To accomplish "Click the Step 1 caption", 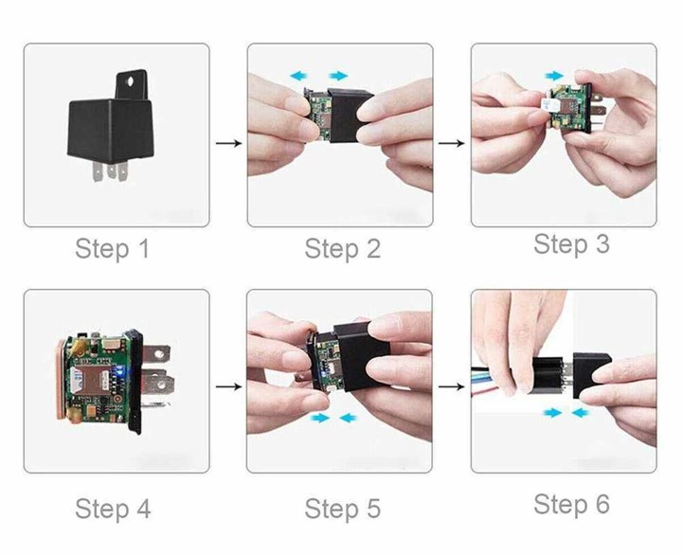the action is coord(112,248).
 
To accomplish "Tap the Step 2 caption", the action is coord(343,249).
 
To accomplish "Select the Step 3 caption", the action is coord(571,243).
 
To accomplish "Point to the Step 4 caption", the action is coord(113,509).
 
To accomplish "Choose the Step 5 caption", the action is coord(343,509).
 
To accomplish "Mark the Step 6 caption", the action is coord(571,504).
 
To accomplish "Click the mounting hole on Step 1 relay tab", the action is coord(130,81).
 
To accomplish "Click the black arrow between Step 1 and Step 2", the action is coord(228,143).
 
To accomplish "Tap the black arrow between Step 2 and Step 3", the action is coord(452,143).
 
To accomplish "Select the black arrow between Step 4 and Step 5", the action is coord(228,386).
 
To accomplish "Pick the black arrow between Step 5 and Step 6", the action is coord(452,386).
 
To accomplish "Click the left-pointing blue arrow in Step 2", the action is coord(299,76).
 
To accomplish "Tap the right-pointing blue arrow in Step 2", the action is coord(338,76).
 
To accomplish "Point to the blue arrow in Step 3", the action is coord(554,76).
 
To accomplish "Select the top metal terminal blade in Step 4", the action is coord(155,353).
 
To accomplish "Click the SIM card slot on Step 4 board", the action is coord(90,382).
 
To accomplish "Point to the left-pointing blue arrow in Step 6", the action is coord(582,412).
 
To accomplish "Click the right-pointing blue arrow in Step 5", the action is coord(320,418).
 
